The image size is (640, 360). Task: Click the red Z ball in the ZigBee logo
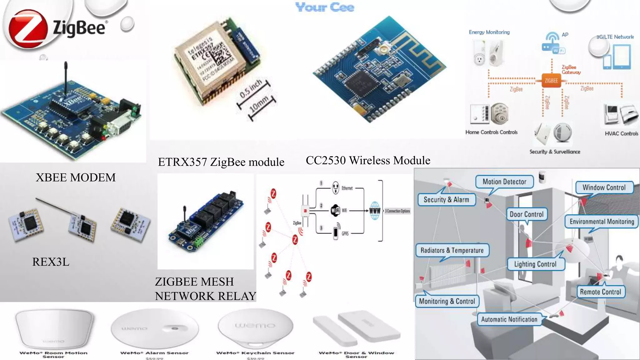coord(27,29)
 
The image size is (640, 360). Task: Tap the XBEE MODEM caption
coord(76,177)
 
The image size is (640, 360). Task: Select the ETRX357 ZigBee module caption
coord(221,162)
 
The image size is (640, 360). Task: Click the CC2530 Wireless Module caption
coord(368,160)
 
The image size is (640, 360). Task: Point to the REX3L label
coord(51,262)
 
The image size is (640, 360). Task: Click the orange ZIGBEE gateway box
coord(551,81)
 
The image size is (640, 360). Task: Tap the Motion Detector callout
coord(504,182)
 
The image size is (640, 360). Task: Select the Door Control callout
coord(527,214)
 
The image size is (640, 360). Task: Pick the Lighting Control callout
coord(535,264)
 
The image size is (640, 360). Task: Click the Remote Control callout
coord(600,292)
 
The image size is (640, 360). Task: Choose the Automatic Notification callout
coord(509,319)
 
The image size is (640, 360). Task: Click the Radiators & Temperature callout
coord(452,250)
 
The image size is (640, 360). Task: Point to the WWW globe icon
coord(375,211)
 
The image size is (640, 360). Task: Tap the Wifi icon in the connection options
coord(335,210)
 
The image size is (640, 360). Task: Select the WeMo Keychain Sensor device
coord(255,327)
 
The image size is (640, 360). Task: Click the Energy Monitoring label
coord(489,32)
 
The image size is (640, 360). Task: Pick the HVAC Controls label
coord(621,133)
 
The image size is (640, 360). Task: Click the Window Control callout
coord(604,187)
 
